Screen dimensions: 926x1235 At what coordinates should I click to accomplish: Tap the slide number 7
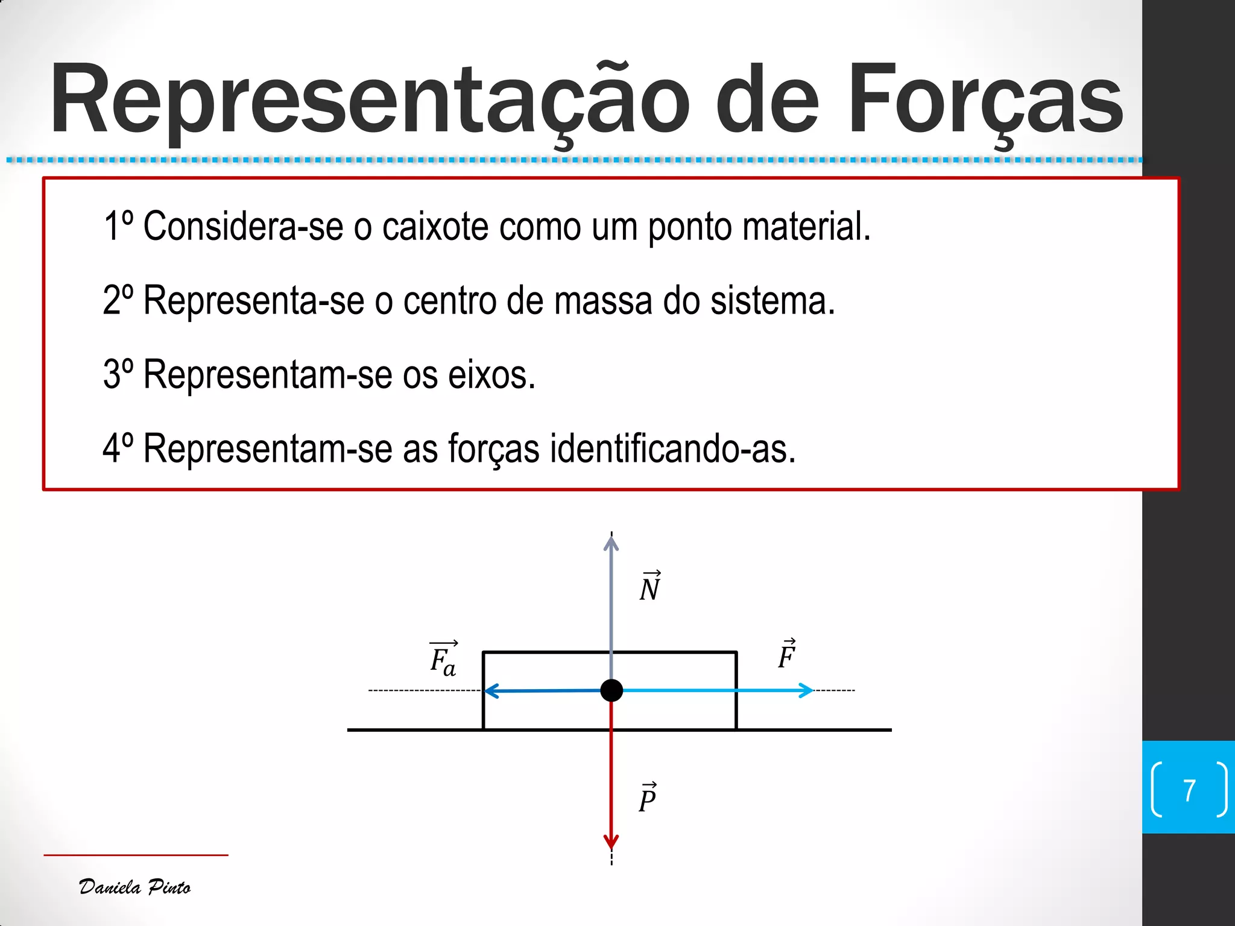[1189, 790]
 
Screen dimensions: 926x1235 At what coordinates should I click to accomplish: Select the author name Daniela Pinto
[135, 887]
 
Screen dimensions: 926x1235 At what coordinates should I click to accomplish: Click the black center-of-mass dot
[611, 690]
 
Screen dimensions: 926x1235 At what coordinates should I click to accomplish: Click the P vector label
[648, 798]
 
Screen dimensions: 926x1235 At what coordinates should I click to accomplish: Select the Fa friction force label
[443, 659]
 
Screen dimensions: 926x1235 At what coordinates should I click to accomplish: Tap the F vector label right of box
[786, 655]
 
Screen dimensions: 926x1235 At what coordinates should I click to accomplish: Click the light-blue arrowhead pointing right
[806, 690]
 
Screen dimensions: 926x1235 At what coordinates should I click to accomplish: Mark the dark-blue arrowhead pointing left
[491, 691]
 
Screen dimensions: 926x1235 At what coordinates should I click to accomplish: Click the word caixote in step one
[435, 227]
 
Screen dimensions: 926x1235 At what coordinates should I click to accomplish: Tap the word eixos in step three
[491, 374]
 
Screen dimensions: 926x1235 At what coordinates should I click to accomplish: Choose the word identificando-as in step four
[672, 449]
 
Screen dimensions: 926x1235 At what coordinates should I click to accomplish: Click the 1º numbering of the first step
[118, 227]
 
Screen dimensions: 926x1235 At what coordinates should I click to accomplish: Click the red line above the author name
[136, 855]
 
